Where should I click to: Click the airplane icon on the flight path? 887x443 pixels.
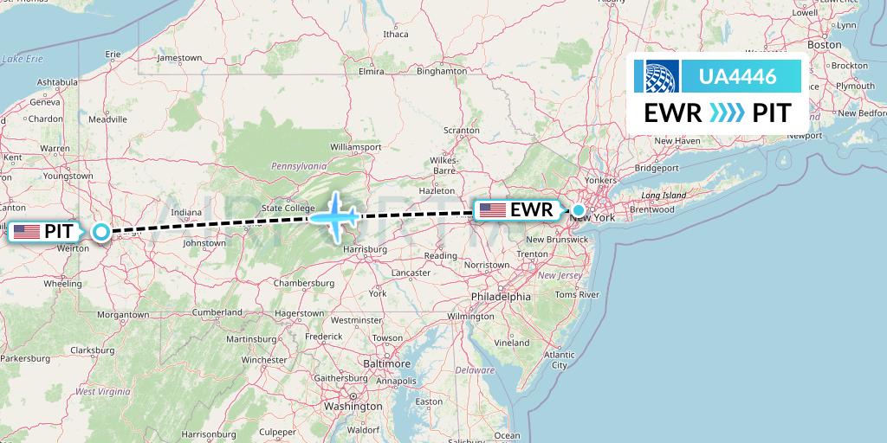(x=335, y=215)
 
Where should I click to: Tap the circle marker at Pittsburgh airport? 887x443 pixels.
(x=101, y=231)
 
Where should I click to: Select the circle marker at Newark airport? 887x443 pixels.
(x=579, y=209)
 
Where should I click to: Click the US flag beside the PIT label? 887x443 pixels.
(x=27, y=231)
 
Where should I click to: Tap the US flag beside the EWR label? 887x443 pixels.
(x=492, y=209)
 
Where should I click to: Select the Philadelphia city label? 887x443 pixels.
(x=502, y=296)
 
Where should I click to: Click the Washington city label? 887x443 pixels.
(x=353, y=405)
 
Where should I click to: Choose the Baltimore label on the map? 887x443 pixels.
(x=387, y=363)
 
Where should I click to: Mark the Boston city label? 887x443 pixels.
(x=824, y=44)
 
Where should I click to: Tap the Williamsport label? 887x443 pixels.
(x=355, y=147)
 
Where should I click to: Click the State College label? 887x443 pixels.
(x=288, y=208)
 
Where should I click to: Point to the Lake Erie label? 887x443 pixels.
(x=23, y=59)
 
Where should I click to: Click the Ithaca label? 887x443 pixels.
(x=395, y=35)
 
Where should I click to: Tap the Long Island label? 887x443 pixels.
(x=664, y=196)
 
